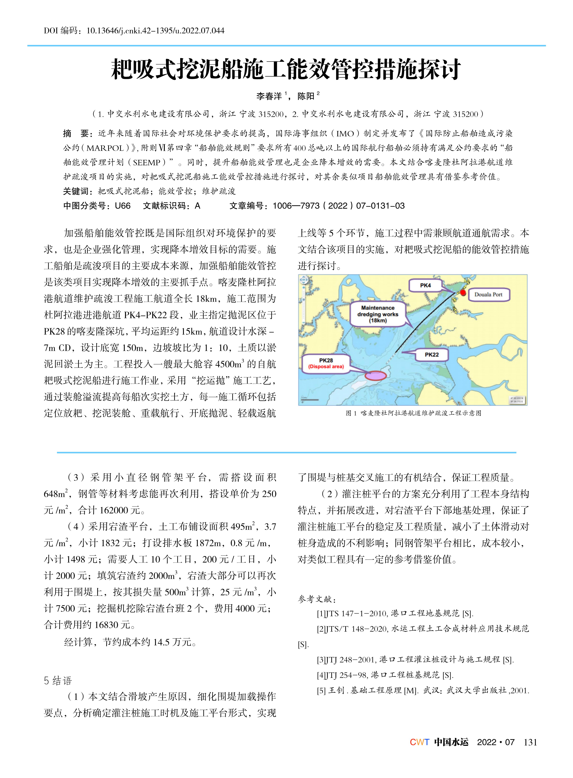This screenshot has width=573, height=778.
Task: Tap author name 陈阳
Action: [x=306, y=96]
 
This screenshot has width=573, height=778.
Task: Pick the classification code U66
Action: [x=123, y=206]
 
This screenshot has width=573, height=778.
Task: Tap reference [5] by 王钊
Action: [x=423, y=690]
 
